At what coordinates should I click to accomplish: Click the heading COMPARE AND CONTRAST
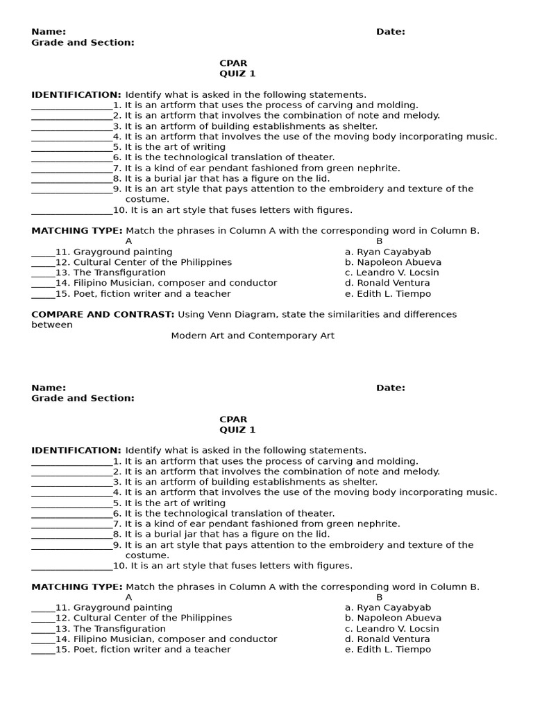(x=103, y=314)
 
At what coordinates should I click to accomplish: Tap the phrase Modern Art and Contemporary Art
(x=253, y=336)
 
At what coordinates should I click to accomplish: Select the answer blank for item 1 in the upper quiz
(x=71, y=106)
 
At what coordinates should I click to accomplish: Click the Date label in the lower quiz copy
(x=391, y=388)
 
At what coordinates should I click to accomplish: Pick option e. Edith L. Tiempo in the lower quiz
(x=387, y=650)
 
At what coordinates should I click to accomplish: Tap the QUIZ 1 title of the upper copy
(x=237, y=73)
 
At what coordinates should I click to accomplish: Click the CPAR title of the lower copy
(x=233, y=419)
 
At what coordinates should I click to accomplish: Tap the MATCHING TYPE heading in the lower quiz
(x=77, y=587)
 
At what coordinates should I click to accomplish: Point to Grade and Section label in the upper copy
(x=83, y=42)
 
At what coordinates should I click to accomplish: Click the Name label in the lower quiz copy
(x=49, y=388)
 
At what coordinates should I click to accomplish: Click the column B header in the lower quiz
(x=379, y=597)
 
